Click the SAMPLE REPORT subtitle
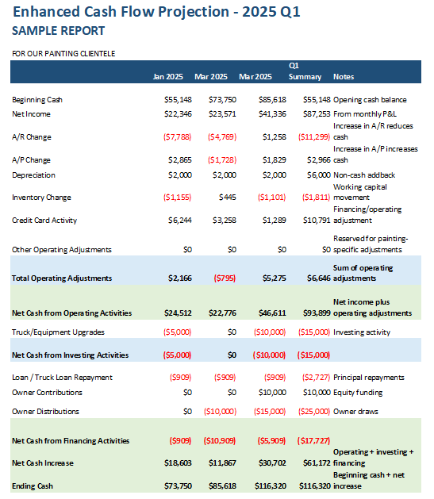click(58, 31)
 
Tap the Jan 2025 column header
click(167, 77)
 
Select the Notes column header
click(344, 77)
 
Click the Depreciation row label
click(33, 175)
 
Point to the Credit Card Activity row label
click(44, 221)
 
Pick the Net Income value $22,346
click(178, 114)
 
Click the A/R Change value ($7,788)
click(177, 136)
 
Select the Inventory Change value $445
click(228, 198)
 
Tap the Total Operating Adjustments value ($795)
click(225, 278)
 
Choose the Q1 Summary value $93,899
click(317, 313)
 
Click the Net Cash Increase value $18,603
click(178, 463)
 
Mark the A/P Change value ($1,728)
click(222, 159)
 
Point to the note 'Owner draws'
click(355, 412)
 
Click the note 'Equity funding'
click(358, 393)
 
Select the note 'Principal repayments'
click(368, 378)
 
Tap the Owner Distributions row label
click(45, 412)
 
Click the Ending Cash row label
click(33, 486)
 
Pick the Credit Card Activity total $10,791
click(317, 221)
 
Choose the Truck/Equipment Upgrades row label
click(58, 332)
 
